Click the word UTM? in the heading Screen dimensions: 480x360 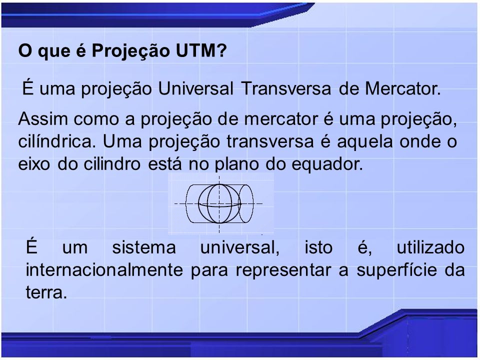coord(201,50)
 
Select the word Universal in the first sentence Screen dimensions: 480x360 coord(195,88)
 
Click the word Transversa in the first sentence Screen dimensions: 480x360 coord(286,88)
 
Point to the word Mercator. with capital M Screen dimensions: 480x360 coord(403,88)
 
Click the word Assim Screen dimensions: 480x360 coord(43,118)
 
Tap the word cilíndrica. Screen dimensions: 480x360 coord(57,141)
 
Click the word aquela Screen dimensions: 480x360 coord(364,141)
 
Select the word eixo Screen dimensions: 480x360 coord(34,164)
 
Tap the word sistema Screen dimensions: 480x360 coord(144,247)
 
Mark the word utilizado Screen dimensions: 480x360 coord(430,247)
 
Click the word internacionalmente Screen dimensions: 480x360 coord(104,270)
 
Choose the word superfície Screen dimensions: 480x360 coord(396,270)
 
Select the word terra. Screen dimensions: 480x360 coord(46,293)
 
